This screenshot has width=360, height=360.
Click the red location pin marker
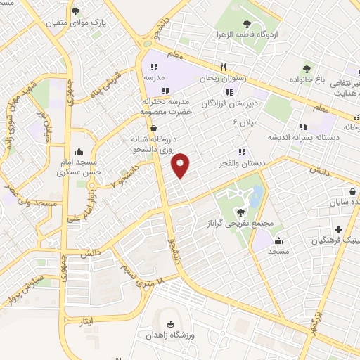[181, 165]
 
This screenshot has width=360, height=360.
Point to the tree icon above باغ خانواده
[307, 68]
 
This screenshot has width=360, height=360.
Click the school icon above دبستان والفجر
[243, 151]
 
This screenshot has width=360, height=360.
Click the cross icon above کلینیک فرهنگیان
[339, 229]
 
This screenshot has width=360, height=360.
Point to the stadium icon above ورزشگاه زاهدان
[171, 323]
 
